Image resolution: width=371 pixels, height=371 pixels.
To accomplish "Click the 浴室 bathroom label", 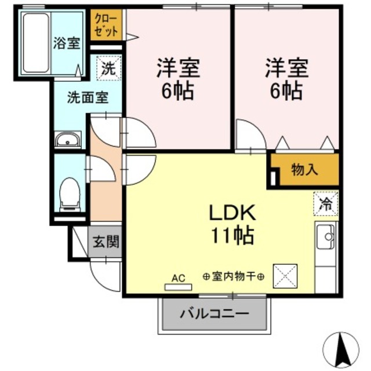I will coord(67,43).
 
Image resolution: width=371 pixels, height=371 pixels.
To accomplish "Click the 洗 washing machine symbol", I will coord(109,67).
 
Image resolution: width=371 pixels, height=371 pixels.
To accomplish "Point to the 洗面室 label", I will coord(87,97).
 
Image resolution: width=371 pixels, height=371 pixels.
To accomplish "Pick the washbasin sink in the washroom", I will coord(69,140).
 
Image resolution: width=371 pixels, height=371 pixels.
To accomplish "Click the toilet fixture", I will coord(70,191).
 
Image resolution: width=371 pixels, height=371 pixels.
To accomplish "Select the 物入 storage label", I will coord(304,170).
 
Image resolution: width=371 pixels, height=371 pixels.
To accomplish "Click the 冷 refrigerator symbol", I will coord(326,203).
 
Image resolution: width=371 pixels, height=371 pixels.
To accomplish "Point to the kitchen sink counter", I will coord(326,243).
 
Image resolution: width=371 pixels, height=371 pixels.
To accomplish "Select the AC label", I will coord(178,278).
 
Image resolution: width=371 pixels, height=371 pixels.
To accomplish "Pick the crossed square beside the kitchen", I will coord(285,276).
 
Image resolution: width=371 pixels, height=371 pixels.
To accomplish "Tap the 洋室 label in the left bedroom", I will coord(179,68).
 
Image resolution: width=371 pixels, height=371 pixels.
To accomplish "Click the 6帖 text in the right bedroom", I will coord(287,90).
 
